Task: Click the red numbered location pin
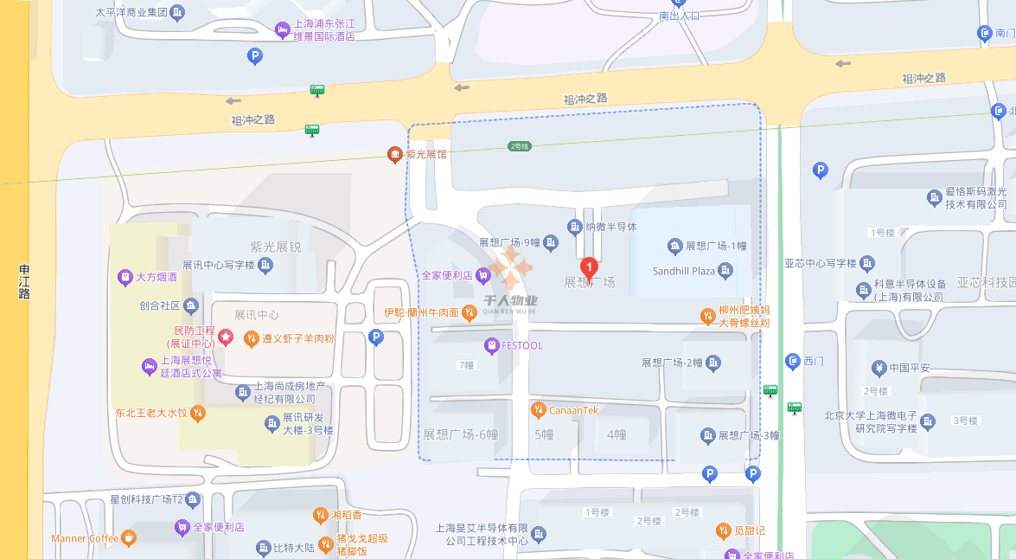tap(589, 267)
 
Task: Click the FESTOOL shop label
tap(522, 345)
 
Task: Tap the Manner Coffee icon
tap(129, 538)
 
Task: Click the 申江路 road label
tap(24, 282)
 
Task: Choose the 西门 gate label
tap(813, 360)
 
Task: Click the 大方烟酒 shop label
tap(157, 278)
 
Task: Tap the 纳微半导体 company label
tap(610, 227)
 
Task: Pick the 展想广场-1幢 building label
tap(715, 247)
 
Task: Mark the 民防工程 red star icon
tap(226, 336)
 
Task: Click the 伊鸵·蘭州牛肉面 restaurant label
tap(421, 312)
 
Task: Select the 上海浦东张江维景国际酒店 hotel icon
tap(283, 30)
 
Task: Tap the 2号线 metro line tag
tap(518, 146)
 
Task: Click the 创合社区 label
tap(159, 305)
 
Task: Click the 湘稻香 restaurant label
tap(346, 516)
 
